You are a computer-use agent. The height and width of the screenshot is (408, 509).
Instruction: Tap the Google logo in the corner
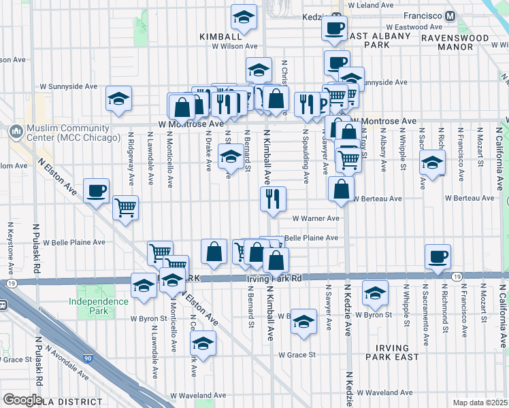pyautogui.click(x=22, y=400)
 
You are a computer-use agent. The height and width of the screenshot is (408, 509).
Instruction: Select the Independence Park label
pyautogui.click(x=98, y=306)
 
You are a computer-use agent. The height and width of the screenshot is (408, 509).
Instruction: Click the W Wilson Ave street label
pyautogui.click(x=234, y=46)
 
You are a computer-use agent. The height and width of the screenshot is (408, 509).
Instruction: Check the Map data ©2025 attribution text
pyautogui.click(x=479, y=403)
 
